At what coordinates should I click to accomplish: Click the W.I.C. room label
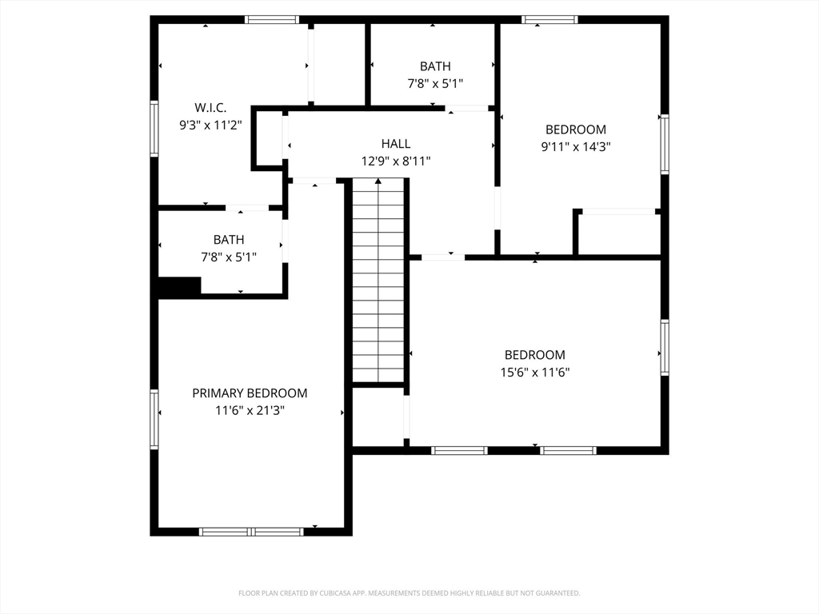coord(210,108)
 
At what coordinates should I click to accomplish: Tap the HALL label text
coord(395,144)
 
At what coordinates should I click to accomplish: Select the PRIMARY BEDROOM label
coord(250,393)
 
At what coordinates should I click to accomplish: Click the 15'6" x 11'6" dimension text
coord(535,373)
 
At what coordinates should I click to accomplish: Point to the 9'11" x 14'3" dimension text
coord(576,147)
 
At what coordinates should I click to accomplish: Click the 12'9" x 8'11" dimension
coord(396,161)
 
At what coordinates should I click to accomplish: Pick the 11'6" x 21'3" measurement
coord(250,410)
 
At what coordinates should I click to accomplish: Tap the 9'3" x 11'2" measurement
coord(210,126)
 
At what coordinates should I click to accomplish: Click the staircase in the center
coord(378,281)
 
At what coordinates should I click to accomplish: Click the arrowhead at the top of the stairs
coord(378,181)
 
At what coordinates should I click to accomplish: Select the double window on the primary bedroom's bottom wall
coord(251,532)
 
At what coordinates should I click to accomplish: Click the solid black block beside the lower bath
coord(180,286)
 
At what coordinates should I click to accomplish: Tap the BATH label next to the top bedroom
coord(435,66)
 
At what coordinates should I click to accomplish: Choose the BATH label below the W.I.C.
coord(229,240)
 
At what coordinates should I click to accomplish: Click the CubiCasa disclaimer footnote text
coord(409,593)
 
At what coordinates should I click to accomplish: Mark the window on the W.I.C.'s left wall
coord(154,129)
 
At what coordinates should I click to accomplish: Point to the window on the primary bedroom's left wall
coord(154,419)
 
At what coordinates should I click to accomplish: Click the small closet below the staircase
coord(378,417)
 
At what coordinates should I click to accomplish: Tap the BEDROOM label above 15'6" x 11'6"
coord(535,355)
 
